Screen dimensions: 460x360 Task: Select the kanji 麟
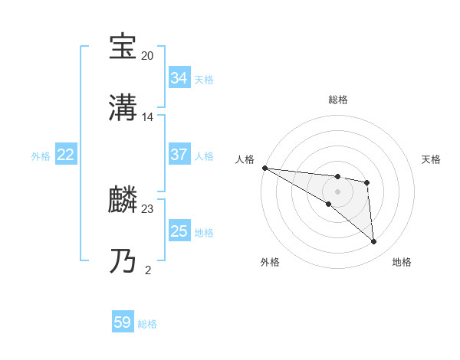click(123, 200)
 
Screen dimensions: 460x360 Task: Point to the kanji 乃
click(123, 261)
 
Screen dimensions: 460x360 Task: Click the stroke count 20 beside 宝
click(147, 56)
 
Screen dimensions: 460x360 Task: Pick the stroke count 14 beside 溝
click(147, 117)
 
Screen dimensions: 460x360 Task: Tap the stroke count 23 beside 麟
click(147, 208)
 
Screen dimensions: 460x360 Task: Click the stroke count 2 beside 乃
click(147, 269)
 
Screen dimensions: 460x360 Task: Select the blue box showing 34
click(179, 78)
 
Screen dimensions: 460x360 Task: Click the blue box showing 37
click(179, 155)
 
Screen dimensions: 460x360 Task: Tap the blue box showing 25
click(179, 231)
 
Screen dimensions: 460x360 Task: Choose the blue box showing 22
click(65, 155)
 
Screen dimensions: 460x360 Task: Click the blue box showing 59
click(123, 322)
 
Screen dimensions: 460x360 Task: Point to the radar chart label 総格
click(337, 100)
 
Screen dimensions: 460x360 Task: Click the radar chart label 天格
click(431, 159)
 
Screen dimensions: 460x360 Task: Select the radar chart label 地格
click(402, 262)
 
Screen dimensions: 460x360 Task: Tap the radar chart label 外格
click(270, 262)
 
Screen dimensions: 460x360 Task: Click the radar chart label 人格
click(244, 159)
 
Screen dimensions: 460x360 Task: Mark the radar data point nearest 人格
click(264, 168)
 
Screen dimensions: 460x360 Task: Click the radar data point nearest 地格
click(374, 242)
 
